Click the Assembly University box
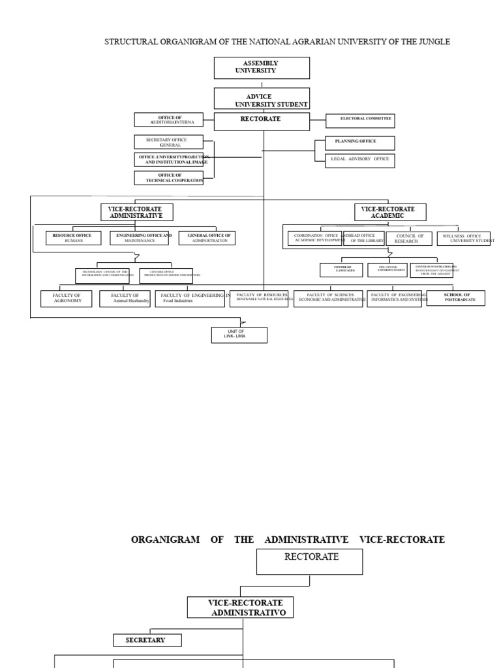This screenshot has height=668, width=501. pos(262,68)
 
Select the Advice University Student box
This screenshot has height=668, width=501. pos(262,99)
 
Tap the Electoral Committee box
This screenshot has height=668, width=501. pos(361,120)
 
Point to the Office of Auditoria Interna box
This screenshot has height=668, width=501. pos(168,120)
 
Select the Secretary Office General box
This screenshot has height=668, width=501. pos(168,142)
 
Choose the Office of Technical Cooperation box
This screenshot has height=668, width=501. pos(168,177)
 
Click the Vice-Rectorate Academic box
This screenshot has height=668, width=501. pos(390,213)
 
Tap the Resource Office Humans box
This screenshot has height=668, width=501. pos(73,238)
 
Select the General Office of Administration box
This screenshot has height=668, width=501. pos(207,238)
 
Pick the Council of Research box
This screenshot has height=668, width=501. pos(408,239)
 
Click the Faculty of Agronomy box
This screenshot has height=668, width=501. pos(67,299)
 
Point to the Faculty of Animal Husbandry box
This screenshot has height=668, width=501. pos(125,299)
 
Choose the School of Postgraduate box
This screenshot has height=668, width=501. pos(456,298)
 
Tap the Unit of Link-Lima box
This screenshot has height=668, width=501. pos(239,335)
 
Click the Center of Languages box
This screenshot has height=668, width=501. pos(341,269)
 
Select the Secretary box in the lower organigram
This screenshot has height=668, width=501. pos(147,641)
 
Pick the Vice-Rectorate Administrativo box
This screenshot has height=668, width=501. pos(240,607)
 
